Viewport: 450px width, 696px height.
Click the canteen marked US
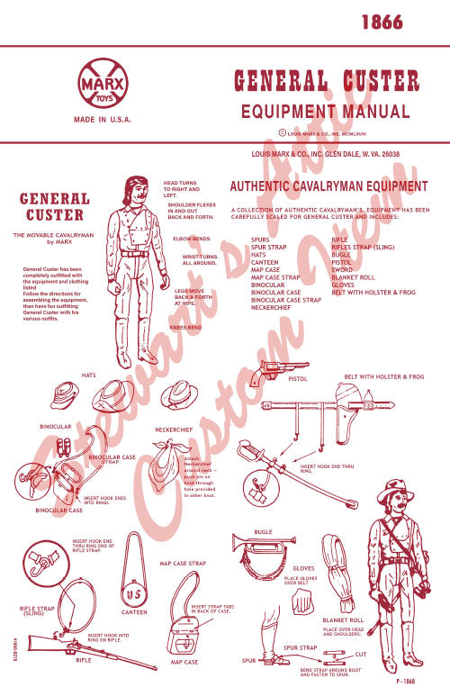[134, 594]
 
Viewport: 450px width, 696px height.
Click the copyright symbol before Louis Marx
[283, 132]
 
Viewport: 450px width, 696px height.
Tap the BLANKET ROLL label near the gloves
[342, 620]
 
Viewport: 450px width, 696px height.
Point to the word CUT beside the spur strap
[360, 655]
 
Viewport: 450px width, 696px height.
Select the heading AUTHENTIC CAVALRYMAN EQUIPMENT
[329, 187]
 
